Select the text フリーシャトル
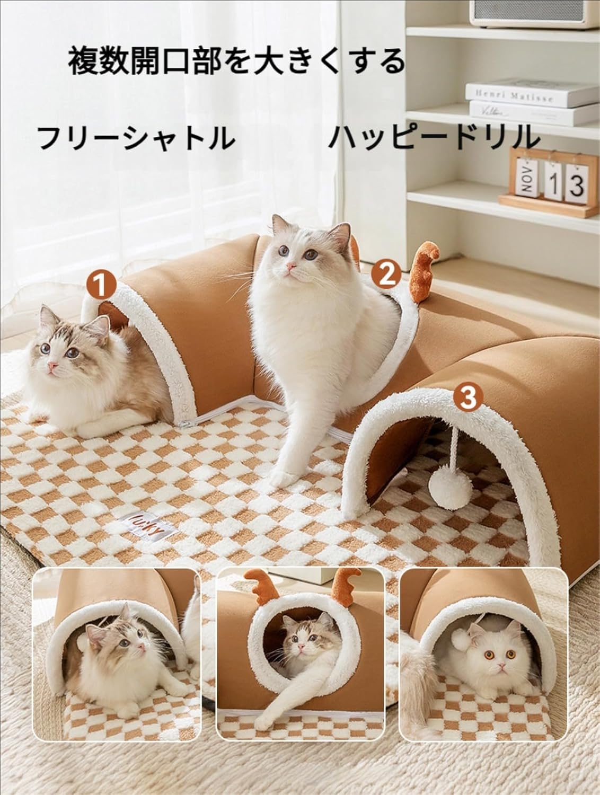point(137,138)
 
